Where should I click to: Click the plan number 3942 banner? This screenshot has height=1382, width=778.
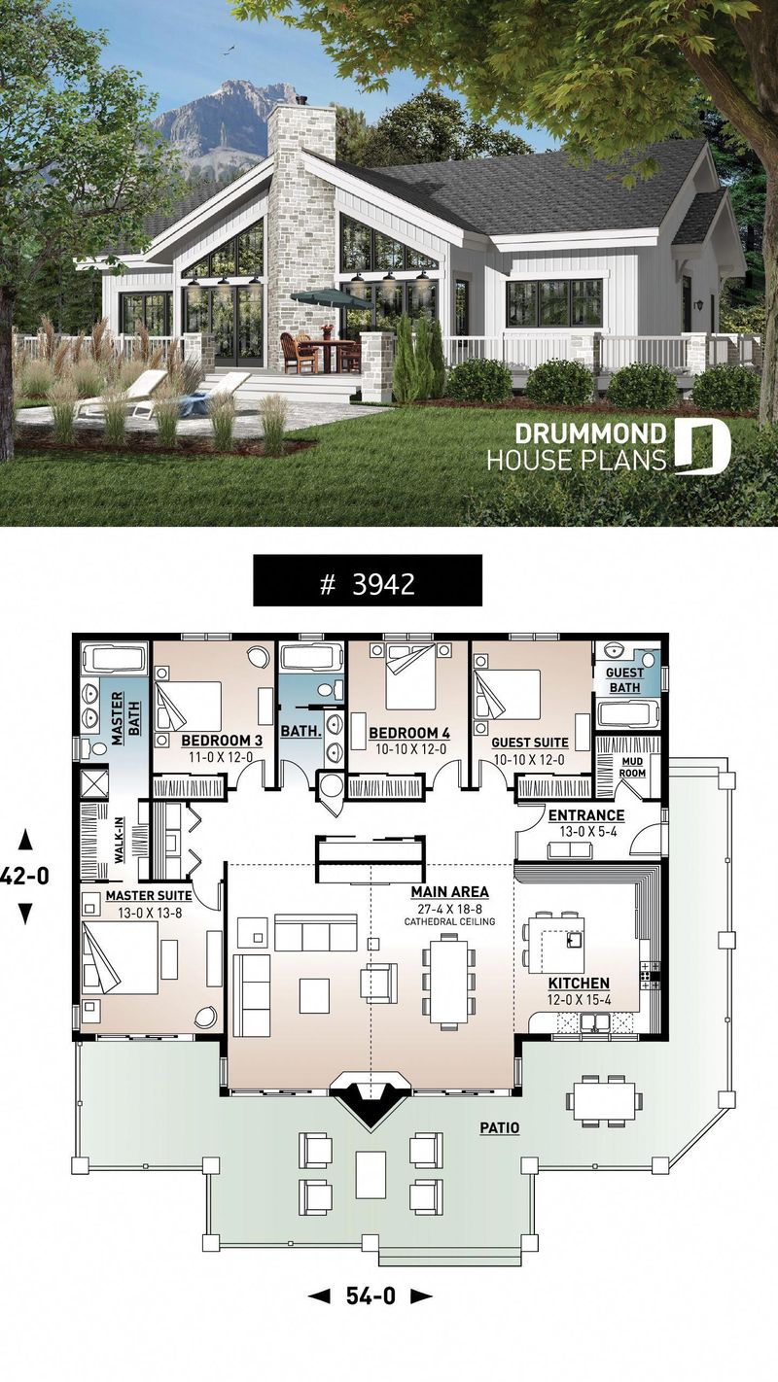tap(368, 583)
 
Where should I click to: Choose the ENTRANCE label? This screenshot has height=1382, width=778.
tap(586, 814)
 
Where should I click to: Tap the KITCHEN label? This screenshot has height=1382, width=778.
tap(578, 983)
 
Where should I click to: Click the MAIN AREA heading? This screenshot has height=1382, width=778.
tap(449, 891)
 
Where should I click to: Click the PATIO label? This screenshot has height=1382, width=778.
tap(498, 1128)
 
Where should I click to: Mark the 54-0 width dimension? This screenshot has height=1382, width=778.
tap(370, 1296)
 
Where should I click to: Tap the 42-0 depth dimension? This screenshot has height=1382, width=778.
tap(24, 876)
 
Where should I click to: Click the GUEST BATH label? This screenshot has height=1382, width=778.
tap(623, 679)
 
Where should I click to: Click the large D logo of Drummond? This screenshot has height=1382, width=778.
tap(701, 447)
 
